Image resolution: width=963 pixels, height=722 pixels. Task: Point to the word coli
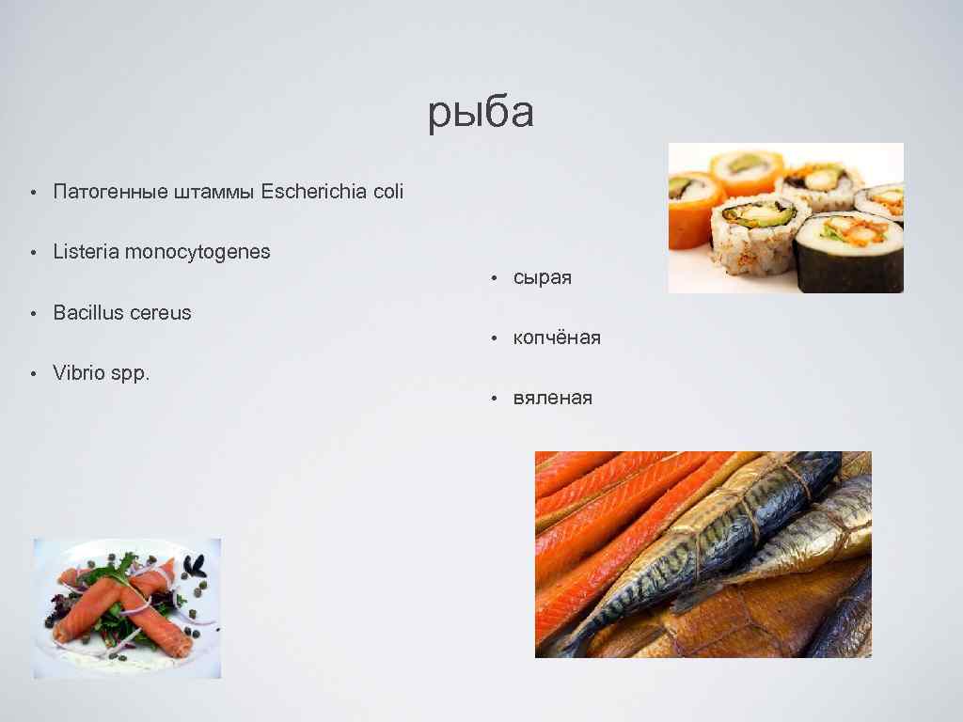point(387,192)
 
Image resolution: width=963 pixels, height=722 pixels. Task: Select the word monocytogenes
point(197,253)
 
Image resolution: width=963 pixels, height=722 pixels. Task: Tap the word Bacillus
point(87,312)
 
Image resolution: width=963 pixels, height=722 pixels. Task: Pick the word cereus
point(160,313)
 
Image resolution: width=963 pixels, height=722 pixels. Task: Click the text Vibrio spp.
point(102,373)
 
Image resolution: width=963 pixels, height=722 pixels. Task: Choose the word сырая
point(543,278)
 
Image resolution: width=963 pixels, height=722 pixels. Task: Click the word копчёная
point(557,337)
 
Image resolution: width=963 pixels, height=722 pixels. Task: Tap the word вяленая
point(553,399)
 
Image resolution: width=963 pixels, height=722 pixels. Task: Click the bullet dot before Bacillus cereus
point(32,313)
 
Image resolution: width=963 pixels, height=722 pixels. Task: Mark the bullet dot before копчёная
point(492,338)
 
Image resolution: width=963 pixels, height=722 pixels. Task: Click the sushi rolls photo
point(785,218)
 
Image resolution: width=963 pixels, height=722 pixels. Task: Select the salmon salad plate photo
point(127,608)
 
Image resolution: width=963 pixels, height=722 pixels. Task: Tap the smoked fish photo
point(703,554)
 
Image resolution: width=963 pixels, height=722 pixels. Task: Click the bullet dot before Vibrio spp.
point(32,373)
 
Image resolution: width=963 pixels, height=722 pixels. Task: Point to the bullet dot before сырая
point(492,278)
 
